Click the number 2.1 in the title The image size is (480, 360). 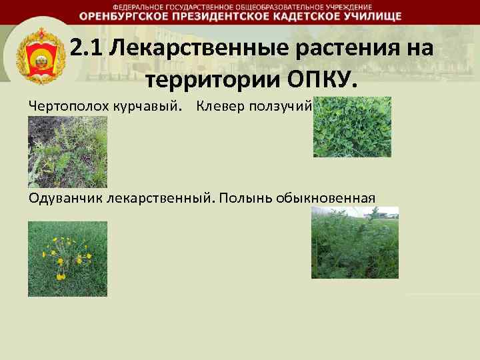point(84,49)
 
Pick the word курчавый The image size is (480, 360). point(133,107)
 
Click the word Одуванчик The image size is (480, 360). point(63,198)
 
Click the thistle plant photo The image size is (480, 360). point(67,152)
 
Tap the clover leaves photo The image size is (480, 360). point(352,127)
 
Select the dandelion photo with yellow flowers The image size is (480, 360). point(67,259)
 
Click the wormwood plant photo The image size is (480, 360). point(355,242)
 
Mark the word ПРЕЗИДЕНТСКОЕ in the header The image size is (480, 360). point(209,16)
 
